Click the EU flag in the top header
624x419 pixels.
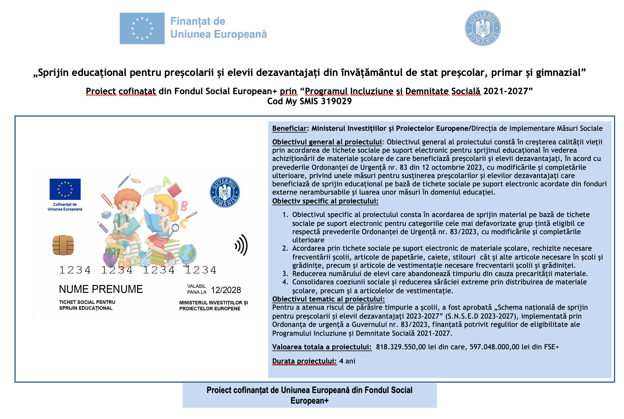click(x=142, y=28)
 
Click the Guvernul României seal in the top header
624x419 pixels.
click(x=482, y=28)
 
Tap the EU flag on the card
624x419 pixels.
click(x=65, y=189)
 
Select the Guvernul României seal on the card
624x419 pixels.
click(x=225, y=192)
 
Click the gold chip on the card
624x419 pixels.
click(x=63, y=245)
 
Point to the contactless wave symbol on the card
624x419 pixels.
click(x=241, y=245)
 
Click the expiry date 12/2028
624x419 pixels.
click(x=226, y=290)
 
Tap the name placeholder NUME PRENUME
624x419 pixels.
click(x=101, y=289)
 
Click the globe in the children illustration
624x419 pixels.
click(x=187, y=254)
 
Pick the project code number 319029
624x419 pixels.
click(x=336, y=101)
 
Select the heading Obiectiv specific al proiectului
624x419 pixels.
click(x=325, y=201)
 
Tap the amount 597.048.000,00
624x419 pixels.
click(x=494, y=347)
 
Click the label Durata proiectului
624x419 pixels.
click(x=304, y=361)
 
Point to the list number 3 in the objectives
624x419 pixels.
click(x=285, y=274)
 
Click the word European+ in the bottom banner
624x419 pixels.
click(x=309, y=401)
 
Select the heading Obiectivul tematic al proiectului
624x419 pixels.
click(x=328, y=299)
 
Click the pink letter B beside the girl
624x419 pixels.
click(x=184, y=206)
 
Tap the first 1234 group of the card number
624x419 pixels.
click(x=75, y=270)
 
